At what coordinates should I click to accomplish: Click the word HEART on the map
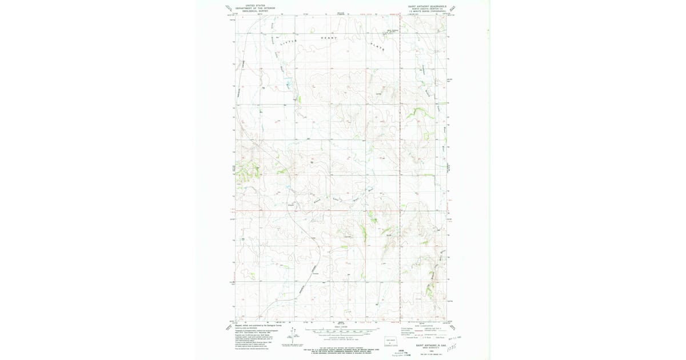[329, 38]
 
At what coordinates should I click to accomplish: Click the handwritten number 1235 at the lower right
[454, 346]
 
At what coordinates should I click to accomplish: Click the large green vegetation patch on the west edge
[246, 171]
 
